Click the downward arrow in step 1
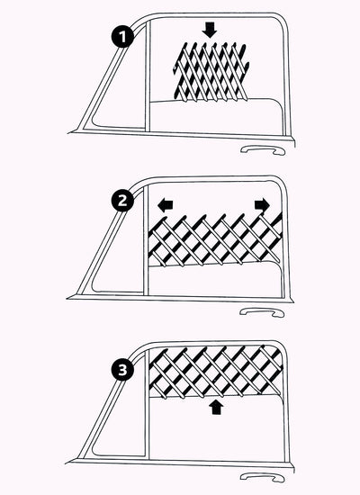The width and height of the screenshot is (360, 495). (x=211, y=29)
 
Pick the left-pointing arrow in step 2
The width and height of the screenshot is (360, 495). (x=166, y=205)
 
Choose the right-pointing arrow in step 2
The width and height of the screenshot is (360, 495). (x=261, y=205)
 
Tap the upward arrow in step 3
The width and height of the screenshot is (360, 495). (x=214, y=408)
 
